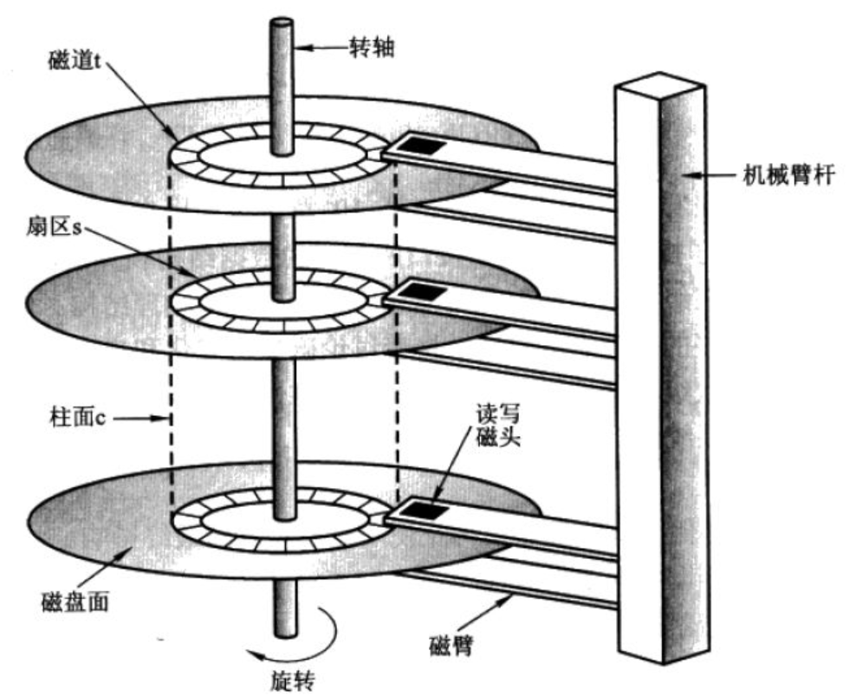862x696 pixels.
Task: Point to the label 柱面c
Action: (76, 418)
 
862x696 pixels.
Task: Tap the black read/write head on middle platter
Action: (422, 291)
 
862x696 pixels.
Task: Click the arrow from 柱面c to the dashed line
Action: (139, 418)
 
